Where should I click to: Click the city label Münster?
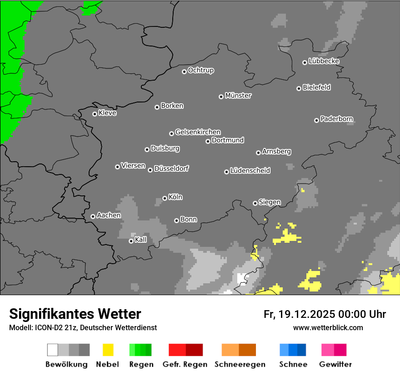point(238,96)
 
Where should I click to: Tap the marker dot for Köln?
point(165,198)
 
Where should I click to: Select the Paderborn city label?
point(336,119)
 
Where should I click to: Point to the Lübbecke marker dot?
point(305,62)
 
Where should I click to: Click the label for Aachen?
point(109,215)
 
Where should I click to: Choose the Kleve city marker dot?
point(95,114)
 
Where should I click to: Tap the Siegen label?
point(270,202)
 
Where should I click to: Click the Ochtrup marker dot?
point(184,72)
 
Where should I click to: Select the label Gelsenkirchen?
point(198,132)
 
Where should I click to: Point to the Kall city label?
point(141,240)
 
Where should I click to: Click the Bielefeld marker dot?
point(299,88)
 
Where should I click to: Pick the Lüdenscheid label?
point(250,171)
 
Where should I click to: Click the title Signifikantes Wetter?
point(75,314)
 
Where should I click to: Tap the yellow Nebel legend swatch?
point(108,350)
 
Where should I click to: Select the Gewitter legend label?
point(335,364)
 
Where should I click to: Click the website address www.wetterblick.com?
point(328,327)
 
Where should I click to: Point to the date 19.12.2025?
point(307,314)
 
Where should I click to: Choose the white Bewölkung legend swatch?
point(53,350)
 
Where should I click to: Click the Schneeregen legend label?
point(240,364)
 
